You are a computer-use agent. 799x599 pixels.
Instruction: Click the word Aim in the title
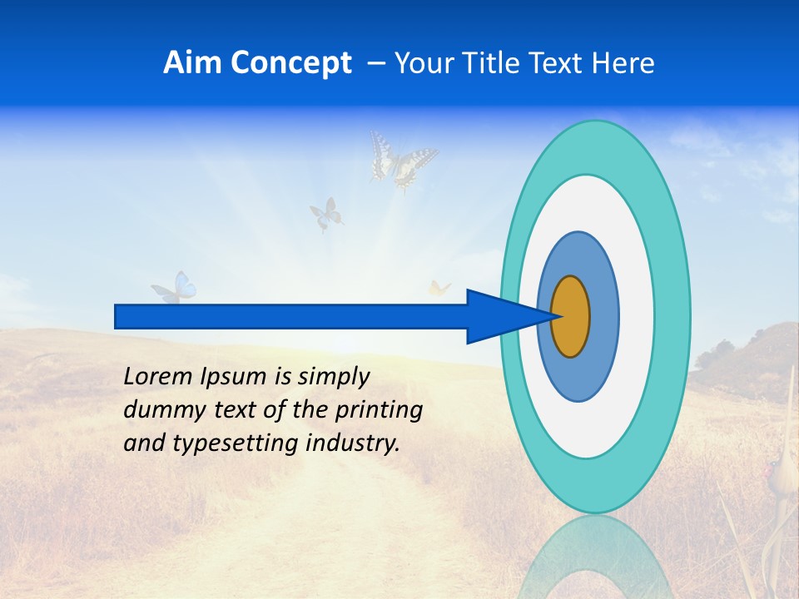[x=192, y=63]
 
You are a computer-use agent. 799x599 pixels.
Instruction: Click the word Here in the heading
[x=625, y=63]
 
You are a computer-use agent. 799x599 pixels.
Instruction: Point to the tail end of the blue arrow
[x=117, y=316]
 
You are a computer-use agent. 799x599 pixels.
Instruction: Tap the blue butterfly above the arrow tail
[x=175, y=287]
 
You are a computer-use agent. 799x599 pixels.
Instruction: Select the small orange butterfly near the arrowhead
[x=439, y=289]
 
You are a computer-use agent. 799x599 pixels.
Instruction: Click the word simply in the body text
[x=333, y=377]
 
